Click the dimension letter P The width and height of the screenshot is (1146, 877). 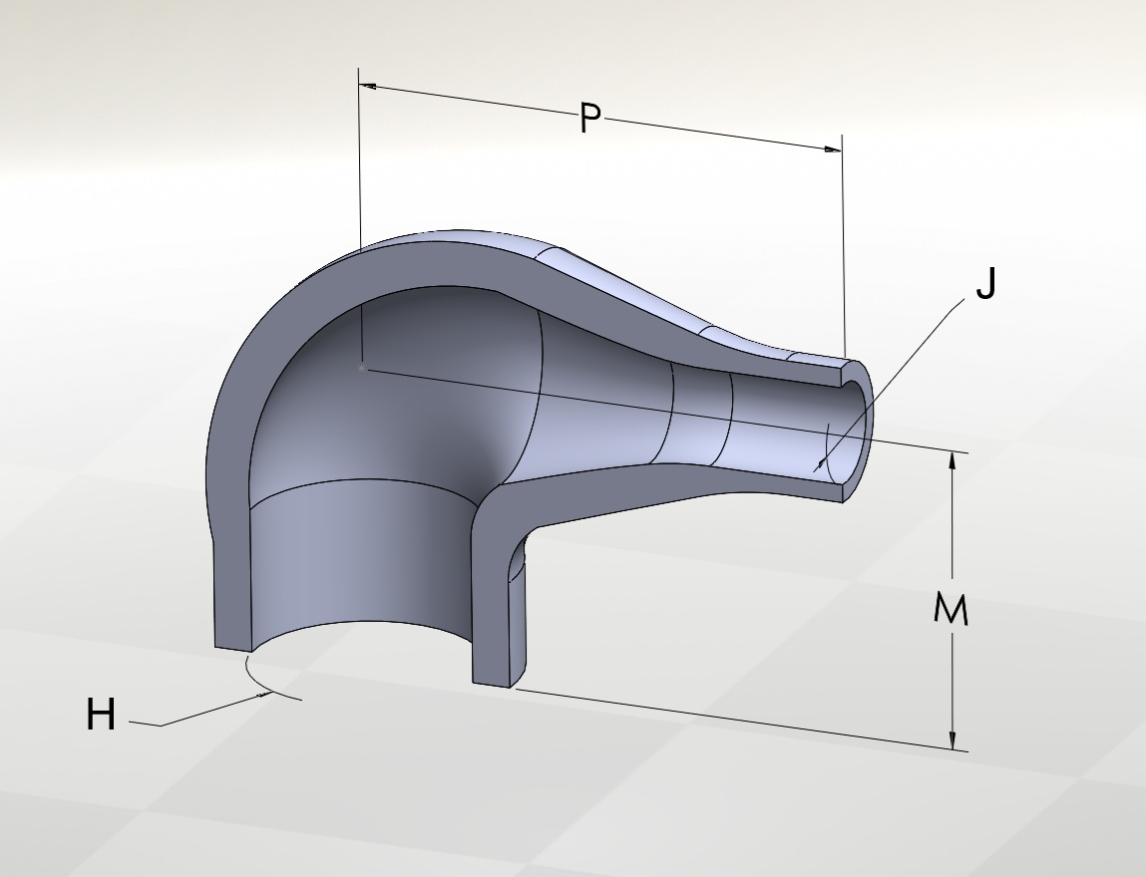tap(589, 118)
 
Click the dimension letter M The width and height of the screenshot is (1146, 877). tap(951, 609)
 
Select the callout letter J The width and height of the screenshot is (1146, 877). tap(986, 283)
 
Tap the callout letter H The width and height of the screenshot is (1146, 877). tap(101, 715)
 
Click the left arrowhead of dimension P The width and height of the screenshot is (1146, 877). tap(368, 86)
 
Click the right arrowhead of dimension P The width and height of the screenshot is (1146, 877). tap(833, 149)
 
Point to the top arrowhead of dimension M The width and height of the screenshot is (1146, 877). tap(953, 462)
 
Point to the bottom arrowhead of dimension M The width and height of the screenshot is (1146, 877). tap(953, 739)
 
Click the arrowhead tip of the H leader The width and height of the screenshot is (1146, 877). tap(271, 693)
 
